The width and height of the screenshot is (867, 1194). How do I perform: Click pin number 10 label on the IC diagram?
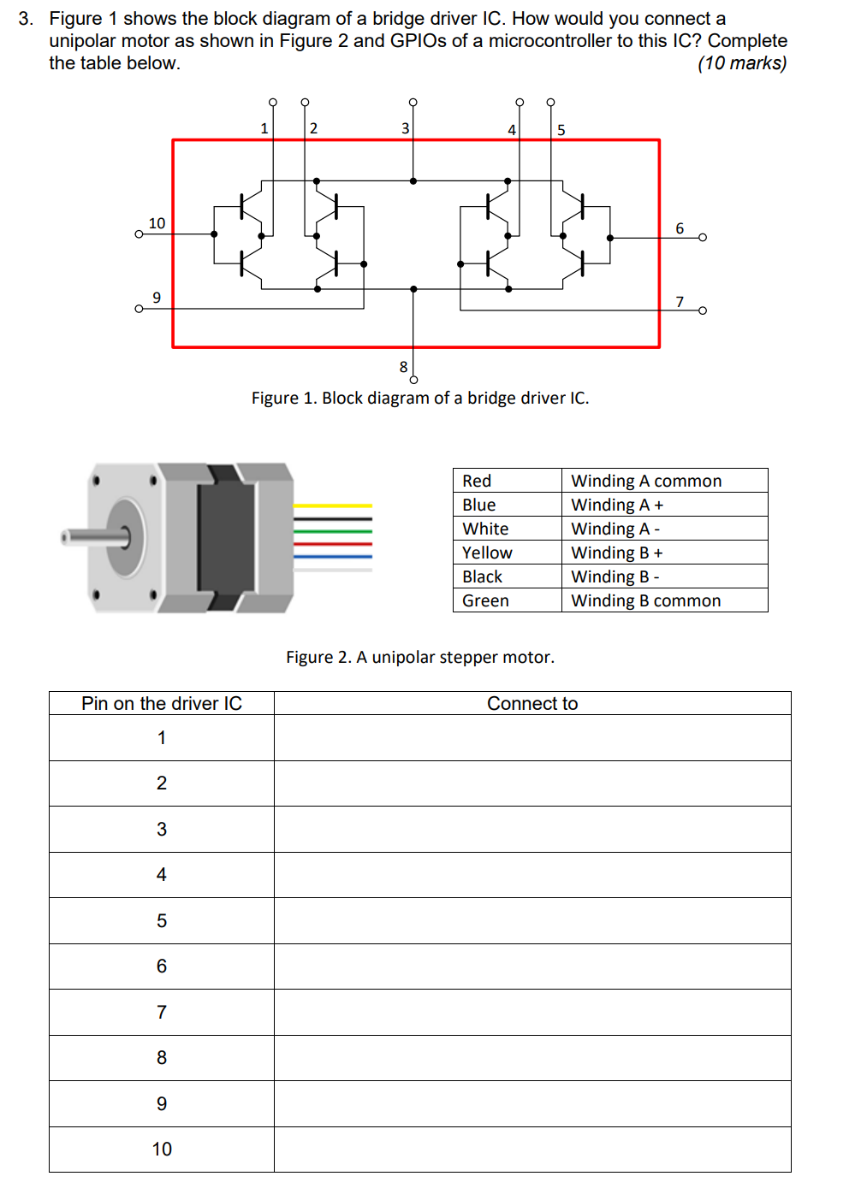point(157,223)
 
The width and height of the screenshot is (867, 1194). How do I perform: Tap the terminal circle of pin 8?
point(413,380)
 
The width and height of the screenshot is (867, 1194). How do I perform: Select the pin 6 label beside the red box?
point(680,228)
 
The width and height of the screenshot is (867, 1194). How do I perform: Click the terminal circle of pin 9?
point(139,309)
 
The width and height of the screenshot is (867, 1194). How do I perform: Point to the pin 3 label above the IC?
point(405,128)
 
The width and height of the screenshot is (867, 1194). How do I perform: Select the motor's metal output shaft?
point(92,537)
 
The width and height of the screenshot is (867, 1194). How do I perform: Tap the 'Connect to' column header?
point(532,703)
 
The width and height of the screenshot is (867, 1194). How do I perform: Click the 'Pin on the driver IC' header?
point(162,703)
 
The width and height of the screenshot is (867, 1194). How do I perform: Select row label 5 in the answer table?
point(162,920)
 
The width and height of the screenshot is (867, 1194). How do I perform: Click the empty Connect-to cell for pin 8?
point(532,1058)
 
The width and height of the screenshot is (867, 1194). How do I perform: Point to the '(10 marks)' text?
point(741,63)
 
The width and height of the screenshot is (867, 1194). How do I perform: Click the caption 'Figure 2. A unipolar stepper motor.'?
point(419,657)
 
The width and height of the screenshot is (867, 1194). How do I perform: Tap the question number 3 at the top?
point(25,19)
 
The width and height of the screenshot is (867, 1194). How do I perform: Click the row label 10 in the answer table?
point(162,1149)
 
